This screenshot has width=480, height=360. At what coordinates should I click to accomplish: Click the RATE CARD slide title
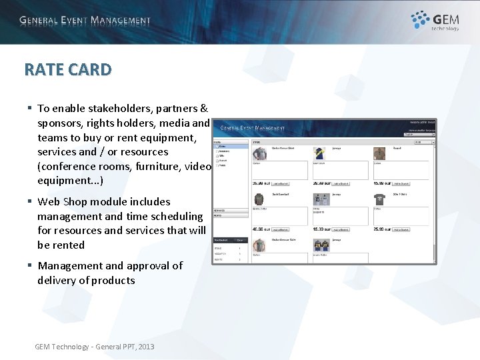68,69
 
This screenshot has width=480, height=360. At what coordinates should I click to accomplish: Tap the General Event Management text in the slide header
85,21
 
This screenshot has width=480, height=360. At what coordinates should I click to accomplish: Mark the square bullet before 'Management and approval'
29,265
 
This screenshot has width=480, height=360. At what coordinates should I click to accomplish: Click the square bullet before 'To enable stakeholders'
29,108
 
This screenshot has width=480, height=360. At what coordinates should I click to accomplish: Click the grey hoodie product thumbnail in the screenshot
259,199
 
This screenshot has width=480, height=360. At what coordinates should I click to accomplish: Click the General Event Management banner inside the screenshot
253,127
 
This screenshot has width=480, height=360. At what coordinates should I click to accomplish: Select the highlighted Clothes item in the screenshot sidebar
222,147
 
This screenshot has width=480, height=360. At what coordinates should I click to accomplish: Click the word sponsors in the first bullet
61,123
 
